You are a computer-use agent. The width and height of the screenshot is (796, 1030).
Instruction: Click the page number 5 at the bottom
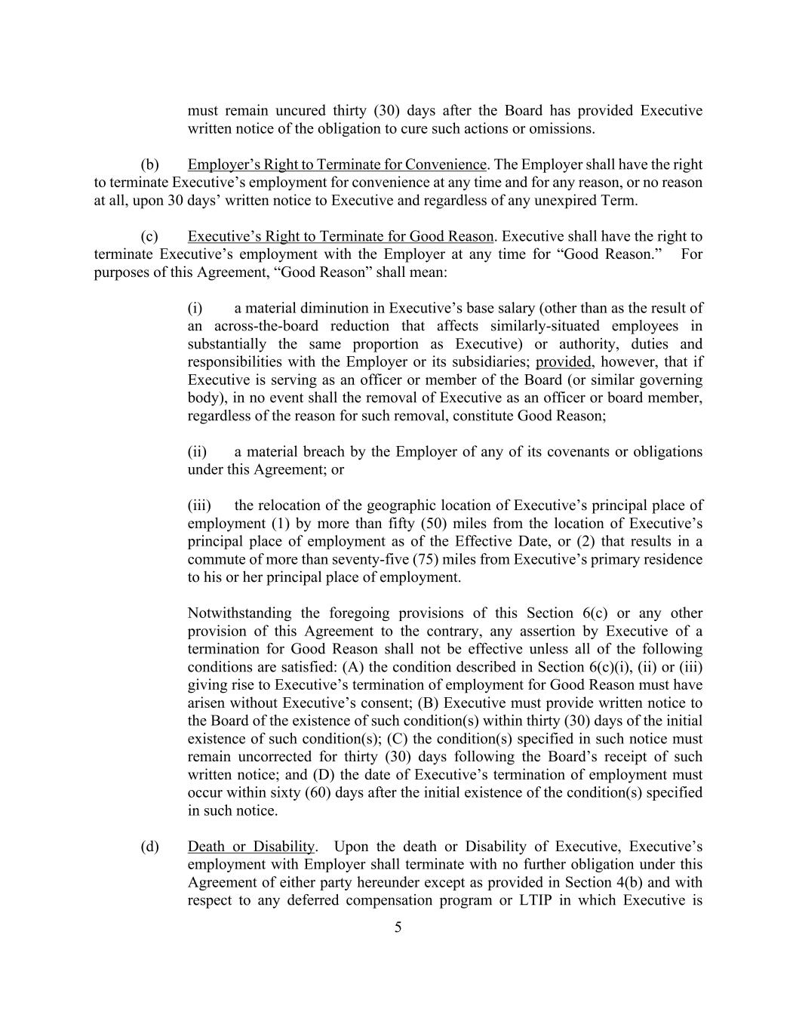tap(398, 927)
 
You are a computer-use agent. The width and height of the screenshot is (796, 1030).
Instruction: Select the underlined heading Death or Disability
tap(250, 847)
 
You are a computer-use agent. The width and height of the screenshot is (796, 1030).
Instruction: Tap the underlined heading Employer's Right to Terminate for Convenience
tap(337, 164)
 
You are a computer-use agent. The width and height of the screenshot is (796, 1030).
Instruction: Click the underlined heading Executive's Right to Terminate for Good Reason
tap(340, 236)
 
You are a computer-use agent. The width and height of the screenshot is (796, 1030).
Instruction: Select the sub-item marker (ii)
tap(197, 452)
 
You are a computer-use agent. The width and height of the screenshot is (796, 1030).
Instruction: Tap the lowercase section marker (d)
tap(149, 847)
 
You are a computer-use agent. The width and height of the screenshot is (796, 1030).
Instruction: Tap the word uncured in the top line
tap(331, 111)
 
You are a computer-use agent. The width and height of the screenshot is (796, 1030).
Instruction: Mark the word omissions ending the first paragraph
tap(561, 129)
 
